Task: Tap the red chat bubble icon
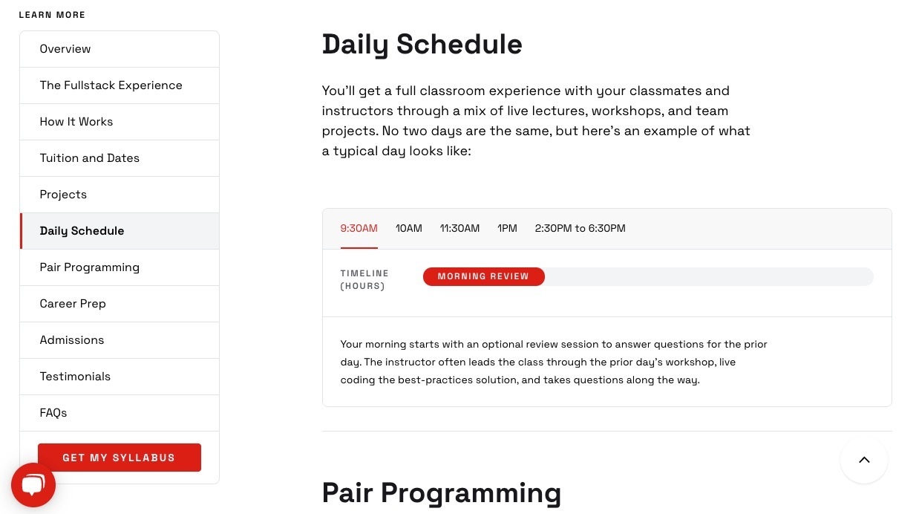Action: click(x=33, y=485)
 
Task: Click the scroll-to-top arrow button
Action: click(x=864, y=460)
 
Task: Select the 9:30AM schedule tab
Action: click(x=359, y=228)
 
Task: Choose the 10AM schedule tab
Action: click(x=408, y=228)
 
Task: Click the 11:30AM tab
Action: click(x=459, y=228)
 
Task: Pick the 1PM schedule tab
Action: click(x=507, y=228)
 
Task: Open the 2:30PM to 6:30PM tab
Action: click(x=580, y=228)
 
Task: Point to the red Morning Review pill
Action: click(x=484, y=276)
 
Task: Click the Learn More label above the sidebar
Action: click(x=52, y=15)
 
